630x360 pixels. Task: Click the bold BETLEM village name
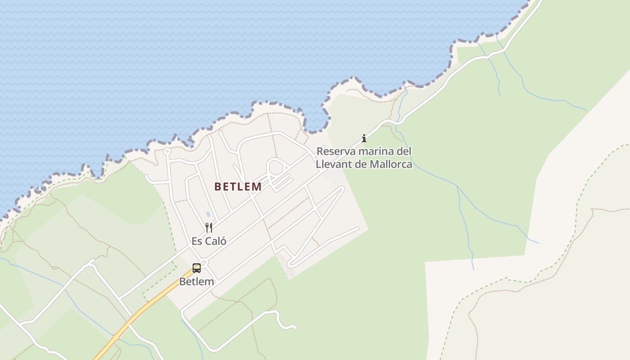coord(238,186)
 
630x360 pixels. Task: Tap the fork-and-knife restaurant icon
coord(208,227)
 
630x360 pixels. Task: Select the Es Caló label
coord(209,241)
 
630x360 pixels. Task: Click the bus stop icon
coord(197,268)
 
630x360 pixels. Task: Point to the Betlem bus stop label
coord(197,282)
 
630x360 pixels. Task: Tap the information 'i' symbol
coord(364,138)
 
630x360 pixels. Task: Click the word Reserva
coord(335,151)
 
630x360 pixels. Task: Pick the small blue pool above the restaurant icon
coord(207,214)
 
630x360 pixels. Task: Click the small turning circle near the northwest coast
coord(167,151)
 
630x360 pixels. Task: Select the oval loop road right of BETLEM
coord(276,167)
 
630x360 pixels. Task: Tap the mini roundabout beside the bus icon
coord(204,262)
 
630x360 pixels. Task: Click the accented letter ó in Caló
coord(223,241)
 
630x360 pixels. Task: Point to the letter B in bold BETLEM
coord(218,186)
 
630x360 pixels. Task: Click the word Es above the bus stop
coord(197,241)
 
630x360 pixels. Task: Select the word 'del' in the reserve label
coord(404,151)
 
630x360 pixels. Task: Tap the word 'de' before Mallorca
coord(361,164)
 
